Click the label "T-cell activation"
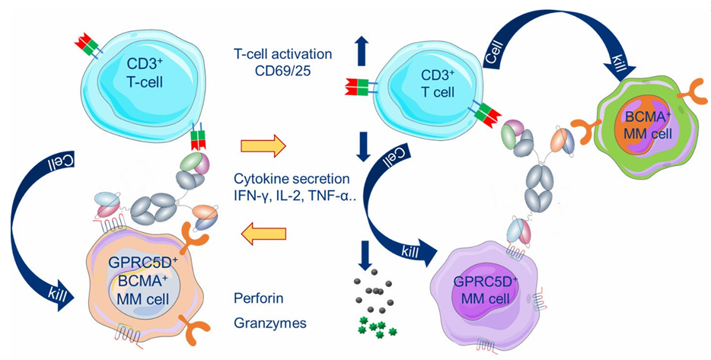pyautogui.click(x=283, y=55)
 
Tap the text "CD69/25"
pyautogui.click(x=282, y=71)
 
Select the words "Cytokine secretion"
pyautogui.click(x=293, y=180)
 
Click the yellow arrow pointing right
pyautogui.click(x=263, y=143)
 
